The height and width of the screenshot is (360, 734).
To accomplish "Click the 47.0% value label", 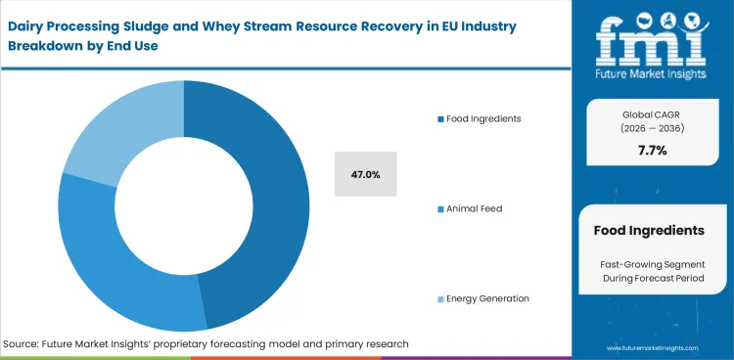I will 365,174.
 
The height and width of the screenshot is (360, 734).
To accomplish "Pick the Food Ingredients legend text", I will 483,118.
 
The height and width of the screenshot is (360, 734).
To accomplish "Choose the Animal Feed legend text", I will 476,208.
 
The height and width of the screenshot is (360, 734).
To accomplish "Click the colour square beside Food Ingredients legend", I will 439,118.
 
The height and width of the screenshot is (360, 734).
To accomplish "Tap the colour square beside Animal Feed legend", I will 439,208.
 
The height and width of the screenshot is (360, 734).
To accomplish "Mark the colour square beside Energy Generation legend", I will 439,298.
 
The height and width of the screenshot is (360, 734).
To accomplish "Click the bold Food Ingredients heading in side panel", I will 649,231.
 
